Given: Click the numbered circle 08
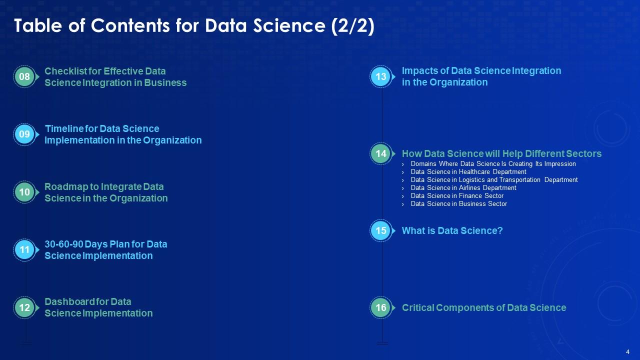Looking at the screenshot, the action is click(24, 76).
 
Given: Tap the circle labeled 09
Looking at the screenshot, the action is click(24, 134).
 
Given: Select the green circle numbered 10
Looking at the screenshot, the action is click(24, 192).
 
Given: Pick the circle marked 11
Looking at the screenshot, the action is click(24, 249).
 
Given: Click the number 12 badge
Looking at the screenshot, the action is click(24, 307).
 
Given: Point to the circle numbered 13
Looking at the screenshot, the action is click(381, 76).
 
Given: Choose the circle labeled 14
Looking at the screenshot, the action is click(381, 153).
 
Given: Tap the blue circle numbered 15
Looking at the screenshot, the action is click(381, 230).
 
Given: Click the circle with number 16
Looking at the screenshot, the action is click(381, 307).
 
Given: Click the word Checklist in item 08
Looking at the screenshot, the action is click(65, 71).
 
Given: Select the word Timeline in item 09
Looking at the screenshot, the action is click(64, 129).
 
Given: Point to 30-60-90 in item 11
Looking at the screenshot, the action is click(63, 244).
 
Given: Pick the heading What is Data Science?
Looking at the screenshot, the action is click(452, 230).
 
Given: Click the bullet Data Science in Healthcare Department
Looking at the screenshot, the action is click(468, 171).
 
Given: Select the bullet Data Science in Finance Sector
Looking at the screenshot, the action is click(457, 195).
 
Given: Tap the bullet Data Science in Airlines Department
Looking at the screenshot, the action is click(463, 187).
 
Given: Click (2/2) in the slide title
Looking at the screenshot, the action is click(353, 25).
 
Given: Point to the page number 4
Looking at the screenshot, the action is click(627, 352).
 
